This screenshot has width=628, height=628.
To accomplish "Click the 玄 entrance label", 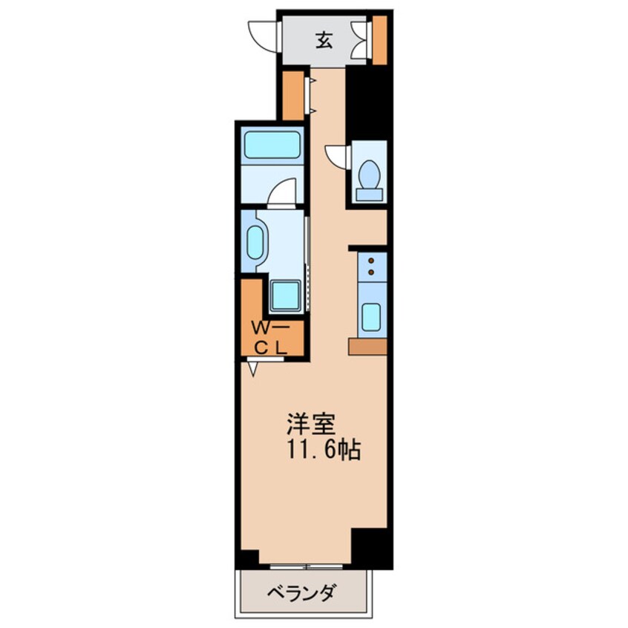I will pyautogui.click(x=324, y=41).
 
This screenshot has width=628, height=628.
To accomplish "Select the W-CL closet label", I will pyautogui.click(x=271, y=336).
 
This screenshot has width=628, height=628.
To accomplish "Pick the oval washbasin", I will pyautogui.click(x=255, y=243).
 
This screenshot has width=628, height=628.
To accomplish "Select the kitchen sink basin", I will pyautogui.click(x=370, y=316).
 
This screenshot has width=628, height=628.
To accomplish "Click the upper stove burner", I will pyautogui.click(x=370, y=261).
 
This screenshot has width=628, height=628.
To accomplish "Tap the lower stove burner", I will pyautogui.click(x=370, y=272).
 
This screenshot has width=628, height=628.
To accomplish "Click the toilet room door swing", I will pyautogui.click(x=337, y=155).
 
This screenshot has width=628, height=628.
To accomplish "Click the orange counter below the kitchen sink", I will pyautogui.click(x=367, y=347).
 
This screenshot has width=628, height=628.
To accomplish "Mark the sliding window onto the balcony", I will pyautogui.click(x=306, y=566).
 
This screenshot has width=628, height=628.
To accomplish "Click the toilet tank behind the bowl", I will pyautogui.click(x=369, y=194).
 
